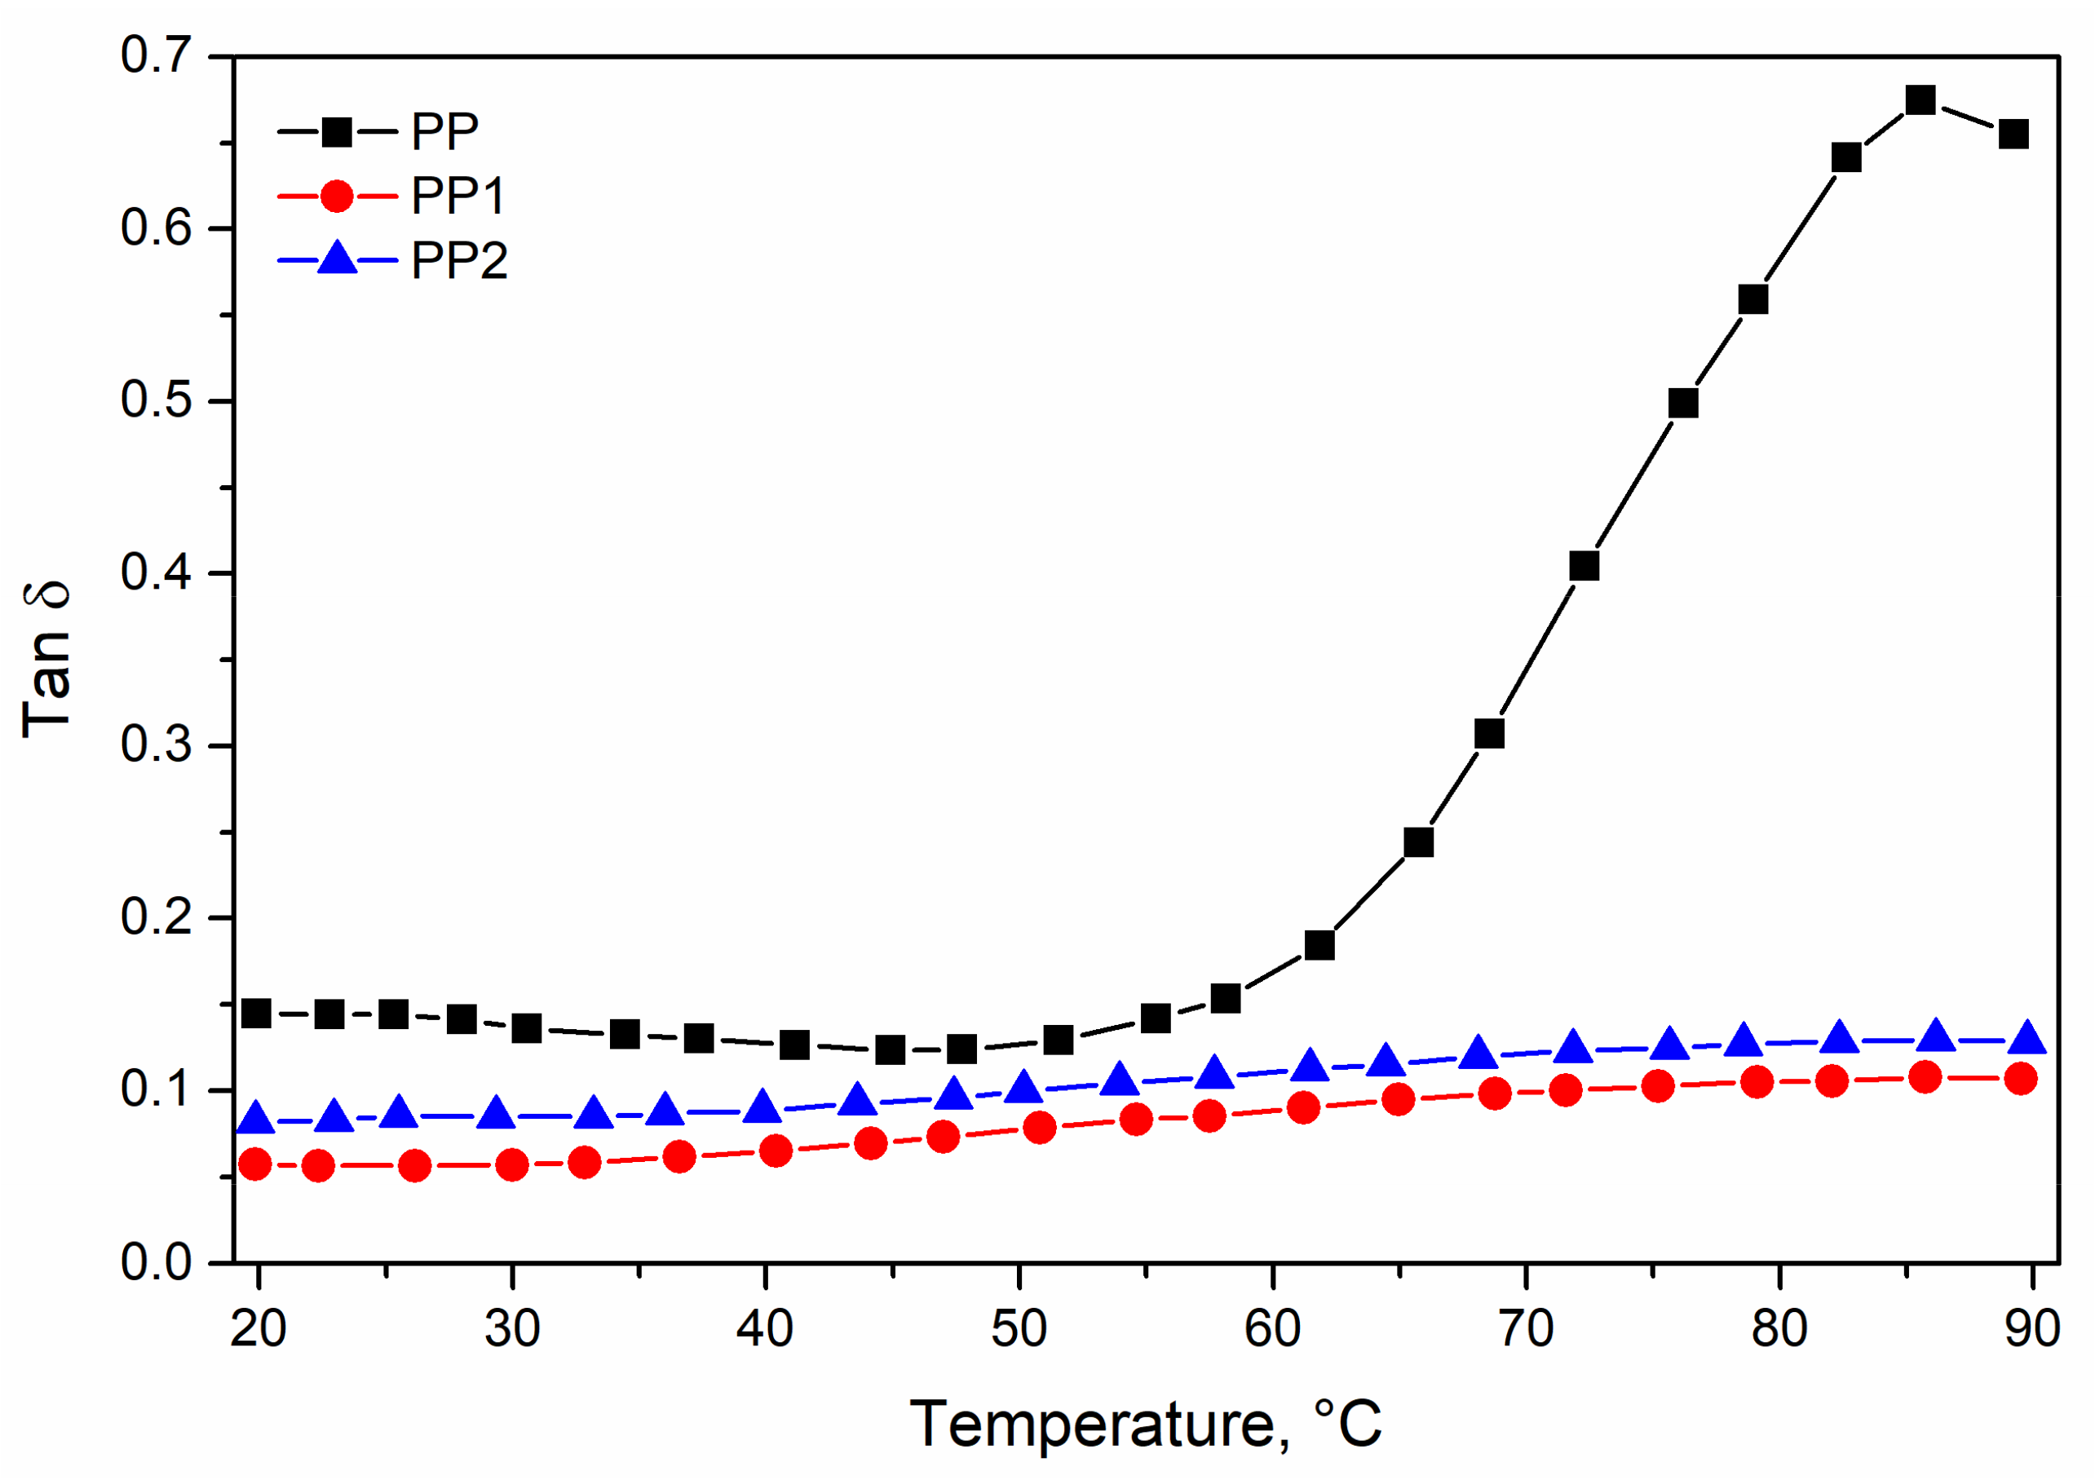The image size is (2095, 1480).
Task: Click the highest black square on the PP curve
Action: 1920,100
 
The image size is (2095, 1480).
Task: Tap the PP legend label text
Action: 444,132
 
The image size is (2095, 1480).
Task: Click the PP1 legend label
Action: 458,197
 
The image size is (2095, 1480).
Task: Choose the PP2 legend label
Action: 459,261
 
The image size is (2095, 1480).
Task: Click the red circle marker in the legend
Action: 337,197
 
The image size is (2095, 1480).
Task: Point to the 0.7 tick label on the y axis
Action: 156,55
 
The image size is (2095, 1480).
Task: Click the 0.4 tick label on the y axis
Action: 156,573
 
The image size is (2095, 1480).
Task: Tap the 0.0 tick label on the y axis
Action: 156,1263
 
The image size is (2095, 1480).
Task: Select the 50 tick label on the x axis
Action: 1019,1328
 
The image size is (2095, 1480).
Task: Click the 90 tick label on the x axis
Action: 2032,1328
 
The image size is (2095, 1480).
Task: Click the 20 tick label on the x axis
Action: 259,1328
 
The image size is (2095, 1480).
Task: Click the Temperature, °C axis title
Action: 1145,1425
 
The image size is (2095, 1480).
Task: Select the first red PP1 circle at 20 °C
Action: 254,1164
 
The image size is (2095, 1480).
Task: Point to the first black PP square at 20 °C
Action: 256,1013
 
